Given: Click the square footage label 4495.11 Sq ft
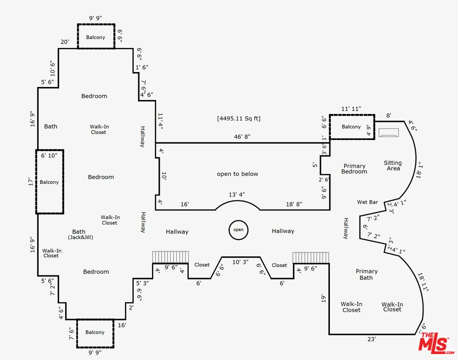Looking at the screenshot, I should tap(239, 118).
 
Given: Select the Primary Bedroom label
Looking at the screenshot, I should tap(354, 168).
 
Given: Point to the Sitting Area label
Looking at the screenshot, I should tap(393, 165).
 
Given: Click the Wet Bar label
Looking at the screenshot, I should tap(367, 202).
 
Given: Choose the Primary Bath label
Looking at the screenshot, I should tap(366, 274).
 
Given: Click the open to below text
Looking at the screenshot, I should tap(237, 174).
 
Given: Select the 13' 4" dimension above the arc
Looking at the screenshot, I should tap(237, 194).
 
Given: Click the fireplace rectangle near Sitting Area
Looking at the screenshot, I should tap(388, 132).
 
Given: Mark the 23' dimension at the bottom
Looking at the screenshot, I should tap(371, 339).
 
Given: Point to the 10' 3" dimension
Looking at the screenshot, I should tap(241, 262).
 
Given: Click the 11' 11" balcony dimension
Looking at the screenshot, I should tap(351, 108).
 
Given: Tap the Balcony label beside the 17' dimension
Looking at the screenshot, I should tap(49, 182).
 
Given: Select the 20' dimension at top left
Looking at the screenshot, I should tap(65, 42).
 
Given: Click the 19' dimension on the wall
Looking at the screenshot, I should tap(324, 299).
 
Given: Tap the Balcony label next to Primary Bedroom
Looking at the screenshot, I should tap(351, 127).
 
